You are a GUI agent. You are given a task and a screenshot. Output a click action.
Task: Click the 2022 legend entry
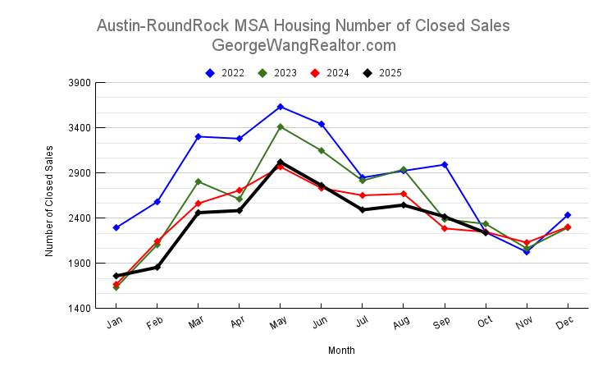pyautogui.click(x=225, y=73)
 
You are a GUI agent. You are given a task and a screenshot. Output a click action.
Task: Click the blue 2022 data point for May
pyautogui.click(x=281, y=107)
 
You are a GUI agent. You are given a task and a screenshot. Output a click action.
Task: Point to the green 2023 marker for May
pyautogui.click(x=281, y=127)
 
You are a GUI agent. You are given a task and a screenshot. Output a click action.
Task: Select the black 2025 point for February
pyautogui.click(x=157, y=267)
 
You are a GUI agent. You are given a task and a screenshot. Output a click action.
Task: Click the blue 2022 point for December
pyautogui.click(x=568, y=215)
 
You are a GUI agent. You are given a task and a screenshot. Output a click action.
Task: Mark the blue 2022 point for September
pyautogui.click(x=445, y=165)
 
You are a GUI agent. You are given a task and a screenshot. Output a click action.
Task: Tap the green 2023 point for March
pyautogui.click(x=199, y=181)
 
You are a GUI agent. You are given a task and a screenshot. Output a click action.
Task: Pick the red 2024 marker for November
pyautogui.click(x=527, y=243)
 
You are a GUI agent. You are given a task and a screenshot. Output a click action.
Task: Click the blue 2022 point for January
pyautogui.click(x=116, y=227)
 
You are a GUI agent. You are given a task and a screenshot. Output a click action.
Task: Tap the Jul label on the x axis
pyautogui.click(x=361, y=323)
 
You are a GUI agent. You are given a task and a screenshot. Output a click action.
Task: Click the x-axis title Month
pyautogui.click(x=341, y=351)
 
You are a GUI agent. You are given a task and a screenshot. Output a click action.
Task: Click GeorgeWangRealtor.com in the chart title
pyautogui.click(x=303, y=45)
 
